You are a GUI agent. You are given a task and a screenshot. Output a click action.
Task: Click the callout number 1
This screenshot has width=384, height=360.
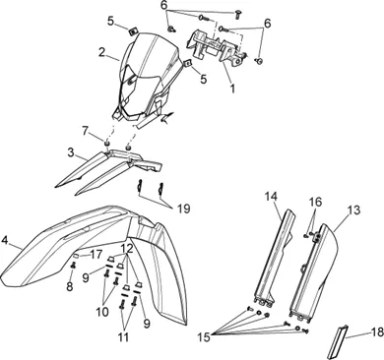(232, 88)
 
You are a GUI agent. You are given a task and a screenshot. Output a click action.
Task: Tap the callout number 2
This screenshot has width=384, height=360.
(101, 52)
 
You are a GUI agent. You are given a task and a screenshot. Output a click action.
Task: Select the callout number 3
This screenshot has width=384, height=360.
(71, 152)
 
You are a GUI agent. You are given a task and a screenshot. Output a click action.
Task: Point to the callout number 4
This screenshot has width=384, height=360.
(5, 240)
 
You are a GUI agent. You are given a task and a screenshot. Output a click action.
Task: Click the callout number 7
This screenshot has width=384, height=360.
(86, 132)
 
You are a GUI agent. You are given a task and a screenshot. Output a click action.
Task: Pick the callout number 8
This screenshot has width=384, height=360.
(70, 286)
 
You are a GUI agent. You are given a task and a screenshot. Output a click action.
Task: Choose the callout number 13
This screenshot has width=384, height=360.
(354, 210)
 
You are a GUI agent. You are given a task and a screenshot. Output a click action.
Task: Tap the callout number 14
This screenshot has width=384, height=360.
(271, 197)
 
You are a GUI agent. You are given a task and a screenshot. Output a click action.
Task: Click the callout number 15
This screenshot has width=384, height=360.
(204, 337)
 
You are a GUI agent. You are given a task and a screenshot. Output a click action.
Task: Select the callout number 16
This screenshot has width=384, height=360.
(315, 202)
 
